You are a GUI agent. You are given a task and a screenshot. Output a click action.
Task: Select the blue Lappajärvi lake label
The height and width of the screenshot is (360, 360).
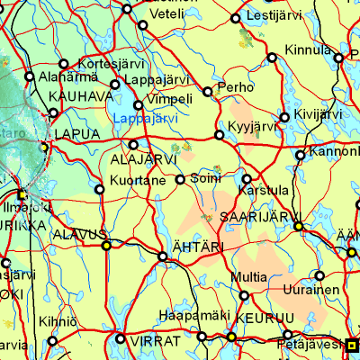click(146, 117)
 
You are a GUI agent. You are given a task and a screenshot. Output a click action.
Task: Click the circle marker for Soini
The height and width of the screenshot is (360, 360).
click(180, 179)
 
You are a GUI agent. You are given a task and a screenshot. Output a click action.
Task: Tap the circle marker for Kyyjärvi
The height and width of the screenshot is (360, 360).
click(220, 136)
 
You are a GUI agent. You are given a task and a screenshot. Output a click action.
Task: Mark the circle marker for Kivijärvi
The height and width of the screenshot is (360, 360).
click(285, 117)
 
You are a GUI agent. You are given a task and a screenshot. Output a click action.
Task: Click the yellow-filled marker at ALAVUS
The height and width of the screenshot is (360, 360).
click(106, 245)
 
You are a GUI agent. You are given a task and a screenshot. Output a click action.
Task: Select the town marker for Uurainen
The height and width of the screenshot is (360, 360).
click(319, 274)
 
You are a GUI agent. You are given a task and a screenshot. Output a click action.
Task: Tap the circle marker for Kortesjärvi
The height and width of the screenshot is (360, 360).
click(63, 64)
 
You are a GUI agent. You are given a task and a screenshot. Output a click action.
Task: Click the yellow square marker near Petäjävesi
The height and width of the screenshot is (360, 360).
click(352, 343)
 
